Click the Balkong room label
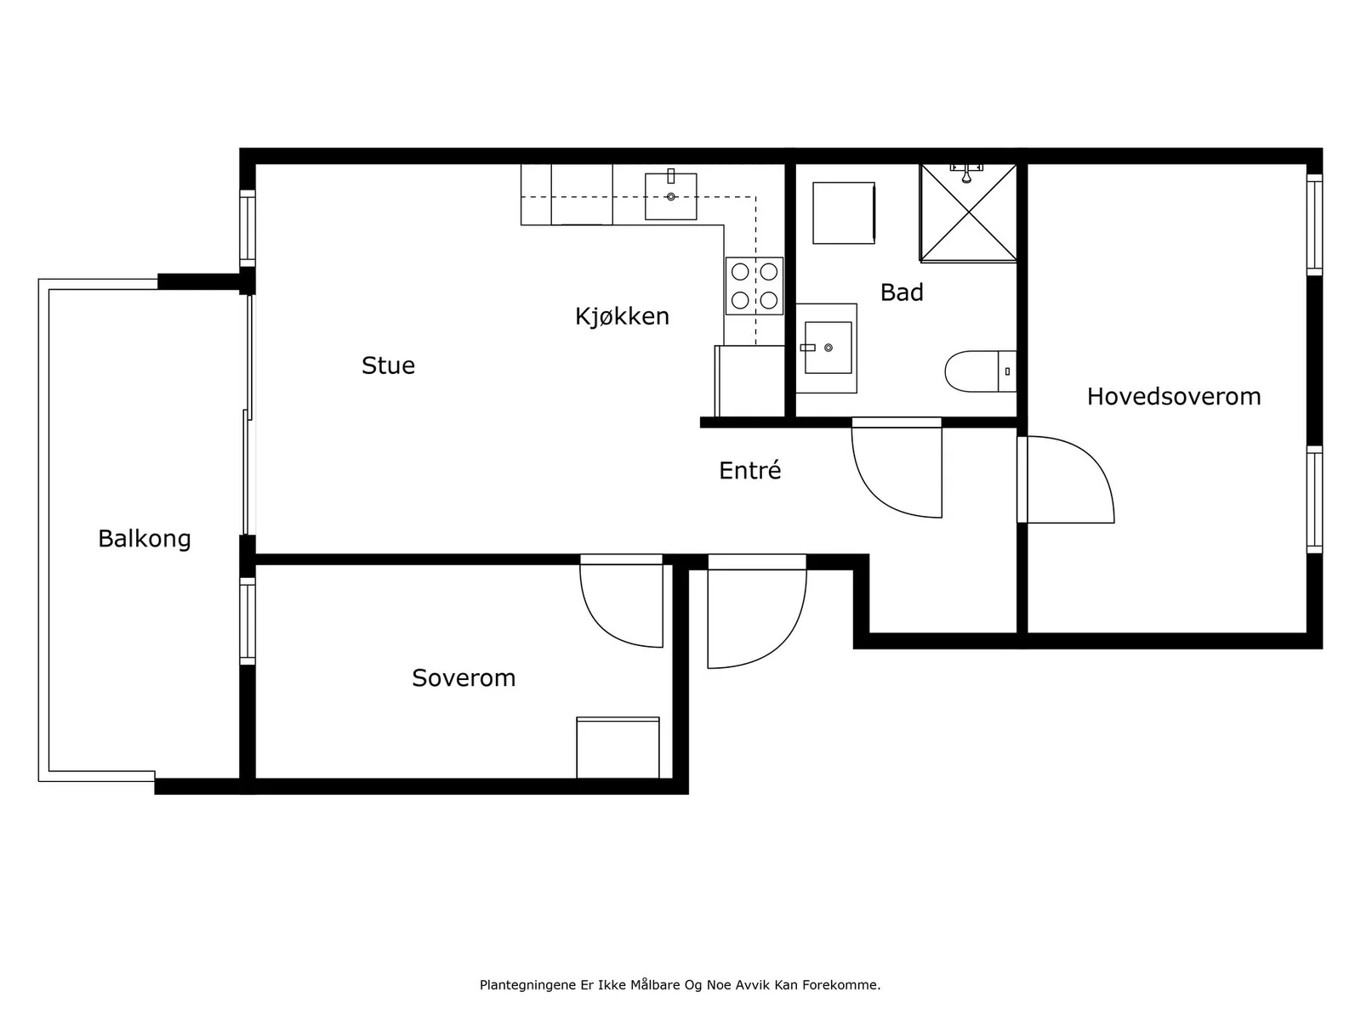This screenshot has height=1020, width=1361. [145, 539]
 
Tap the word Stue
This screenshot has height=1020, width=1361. [388, 365]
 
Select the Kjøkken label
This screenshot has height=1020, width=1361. [622, 316]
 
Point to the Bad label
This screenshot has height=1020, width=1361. [902, 292]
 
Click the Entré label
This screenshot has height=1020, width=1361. [749, 470]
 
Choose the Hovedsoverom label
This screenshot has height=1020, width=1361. [1174, 396]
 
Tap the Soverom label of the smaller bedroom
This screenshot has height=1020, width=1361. [464, 678]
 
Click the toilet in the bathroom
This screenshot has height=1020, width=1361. [980, 371]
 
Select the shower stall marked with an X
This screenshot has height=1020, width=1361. [968, 212]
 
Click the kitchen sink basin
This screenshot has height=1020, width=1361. [671, 196]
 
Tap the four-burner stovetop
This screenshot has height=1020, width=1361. [755, 286]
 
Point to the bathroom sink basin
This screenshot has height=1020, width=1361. [828, 348]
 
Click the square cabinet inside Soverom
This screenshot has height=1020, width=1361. [618, 747]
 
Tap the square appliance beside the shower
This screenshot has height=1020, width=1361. [844, 213]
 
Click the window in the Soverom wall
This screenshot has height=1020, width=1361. [248, 621]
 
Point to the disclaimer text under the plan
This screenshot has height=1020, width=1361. [680, 984]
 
